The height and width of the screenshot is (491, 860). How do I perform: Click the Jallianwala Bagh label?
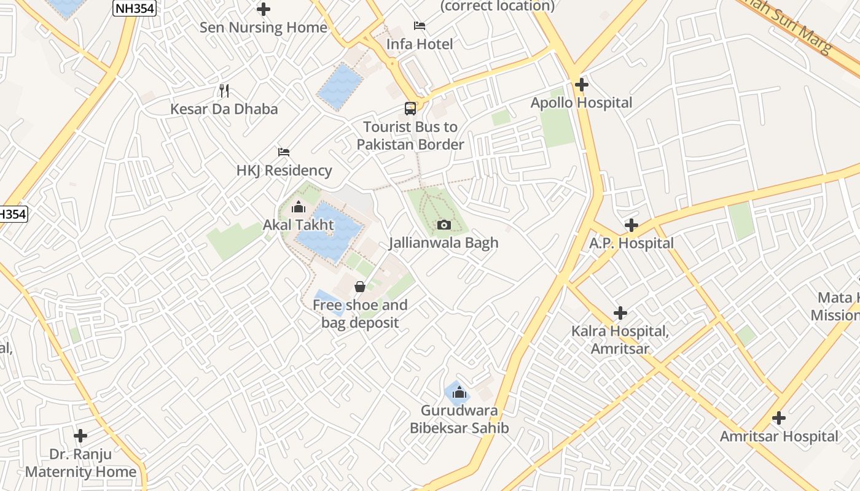coord(444,243)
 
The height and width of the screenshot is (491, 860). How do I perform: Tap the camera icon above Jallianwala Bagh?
coord(444,225)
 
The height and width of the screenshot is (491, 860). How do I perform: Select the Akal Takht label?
coord(299,225)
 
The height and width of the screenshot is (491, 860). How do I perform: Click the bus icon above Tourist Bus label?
coord(410,109)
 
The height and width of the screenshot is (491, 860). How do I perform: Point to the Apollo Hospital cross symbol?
coord(582,85)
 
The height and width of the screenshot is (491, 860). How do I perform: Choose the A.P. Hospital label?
coord(631,244)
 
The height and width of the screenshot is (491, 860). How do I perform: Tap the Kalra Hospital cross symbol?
coord(620,313)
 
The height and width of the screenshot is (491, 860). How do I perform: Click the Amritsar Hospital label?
coord(779,436)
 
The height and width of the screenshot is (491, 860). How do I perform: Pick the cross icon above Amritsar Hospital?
coord(779,419)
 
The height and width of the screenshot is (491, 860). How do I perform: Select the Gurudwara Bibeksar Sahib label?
coord(459,419)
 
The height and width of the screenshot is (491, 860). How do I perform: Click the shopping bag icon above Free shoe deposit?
coord(360,287)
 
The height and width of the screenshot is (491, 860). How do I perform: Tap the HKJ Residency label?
coord(284,171)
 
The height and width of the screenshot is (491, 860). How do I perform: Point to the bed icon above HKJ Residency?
coord(283,152)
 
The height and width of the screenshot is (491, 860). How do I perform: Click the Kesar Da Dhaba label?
coord(224,109)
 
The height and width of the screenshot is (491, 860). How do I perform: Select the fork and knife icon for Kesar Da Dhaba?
coord(224,91)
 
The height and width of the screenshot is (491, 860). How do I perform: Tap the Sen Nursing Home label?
coord(264,28)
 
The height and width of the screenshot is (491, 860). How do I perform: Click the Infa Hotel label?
coord(420,44)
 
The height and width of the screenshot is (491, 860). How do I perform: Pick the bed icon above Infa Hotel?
coord(420,26)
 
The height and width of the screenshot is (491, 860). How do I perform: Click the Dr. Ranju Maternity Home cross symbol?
coord(80,436)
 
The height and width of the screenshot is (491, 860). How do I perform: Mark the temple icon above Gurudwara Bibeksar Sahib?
coord(459,392)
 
